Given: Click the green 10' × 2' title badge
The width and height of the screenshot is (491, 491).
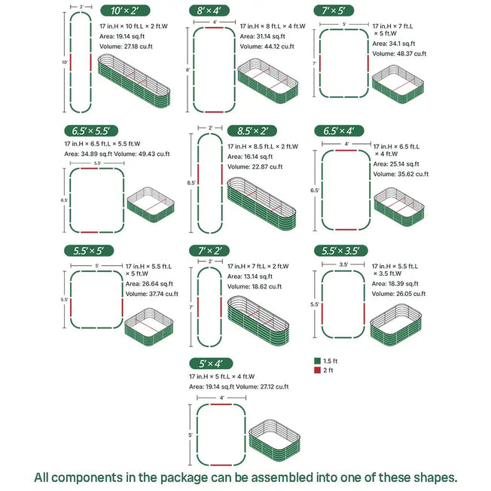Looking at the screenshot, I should tap(124, 11).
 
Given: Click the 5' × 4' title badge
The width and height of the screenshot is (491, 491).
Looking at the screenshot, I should tap(211, 363).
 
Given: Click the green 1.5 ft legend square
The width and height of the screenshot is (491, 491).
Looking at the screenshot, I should tap(317, 361).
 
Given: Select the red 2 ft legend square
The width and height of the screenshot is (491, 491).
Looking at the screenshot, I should tap(317, 371).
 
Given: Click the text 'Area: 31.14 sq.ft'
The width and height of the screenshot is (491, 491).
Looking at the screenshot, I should tap(264, 37).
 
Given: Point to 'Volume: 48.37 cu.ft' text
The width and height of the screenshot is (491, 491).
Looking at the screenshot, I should tap(400, 54).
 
